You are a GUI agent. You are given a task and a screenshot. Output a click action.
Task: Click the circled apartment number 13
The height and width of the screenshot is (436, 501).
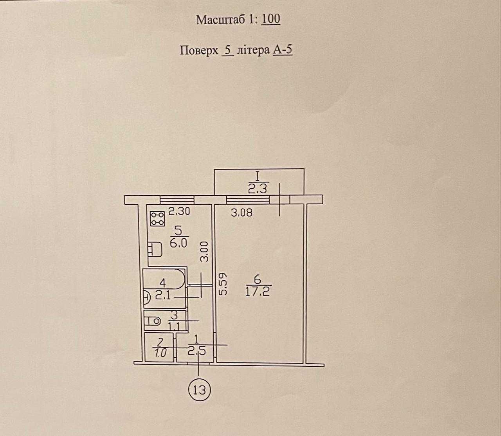199,389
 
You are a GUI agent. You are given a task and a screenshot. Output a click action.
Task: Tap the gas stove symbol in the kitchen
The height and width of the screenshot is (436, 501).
157,218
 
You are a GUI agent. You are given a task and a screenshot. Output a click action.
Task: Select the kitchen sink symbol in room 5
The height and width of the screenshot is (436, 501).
155,249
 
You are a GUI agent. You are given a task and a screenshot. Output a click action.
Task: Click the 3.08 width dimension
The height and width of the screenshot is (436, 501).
241,213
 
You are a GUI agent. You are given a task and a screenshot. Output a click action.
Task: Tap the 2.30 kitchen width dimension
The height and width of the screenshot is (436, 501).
179,211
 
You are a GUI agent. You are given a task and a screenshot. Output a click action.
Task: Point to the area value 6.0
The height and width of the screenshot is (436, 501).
178,243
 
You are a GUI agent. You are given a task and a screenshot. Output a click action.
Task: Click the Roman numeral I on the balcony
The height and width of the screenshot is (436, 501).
258,176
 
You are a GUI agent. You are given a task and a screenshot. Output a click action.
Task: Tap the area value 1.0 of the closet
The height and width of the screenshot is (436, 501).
160,353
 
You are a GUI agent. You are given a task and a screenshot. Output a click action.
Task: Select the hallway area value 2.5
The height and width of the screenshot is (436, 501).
196,352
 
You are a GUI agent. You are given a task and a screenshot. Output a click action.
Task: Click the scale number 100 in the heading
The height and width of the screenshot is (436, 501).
271,19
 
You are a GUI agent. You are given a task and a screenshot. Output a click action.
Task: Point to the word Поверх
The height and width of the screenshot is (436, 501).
199,51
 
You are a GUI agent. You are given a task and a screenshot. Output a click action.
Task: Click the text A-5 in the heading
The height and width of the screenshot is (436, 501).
283,50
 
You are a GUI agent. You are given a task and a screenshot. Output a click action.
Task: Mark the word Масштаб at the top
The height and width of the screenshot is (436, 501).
221,20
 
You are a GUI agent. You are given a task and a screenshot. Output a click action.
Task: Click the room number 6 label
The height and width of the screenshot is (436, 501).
257,279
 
